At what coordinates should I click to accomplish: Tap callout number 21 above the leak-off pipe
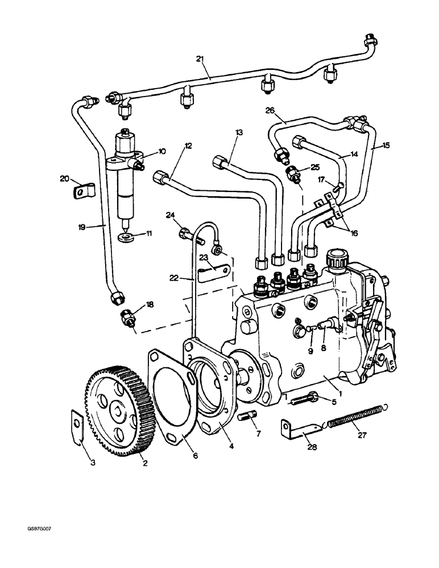[200, 59]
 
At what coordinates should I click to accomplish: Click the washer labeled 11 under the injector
[125, 235]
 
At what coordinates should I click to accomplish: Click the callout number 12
[188, 146]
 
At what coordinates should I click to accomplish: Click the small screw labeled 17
[339, 185]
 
